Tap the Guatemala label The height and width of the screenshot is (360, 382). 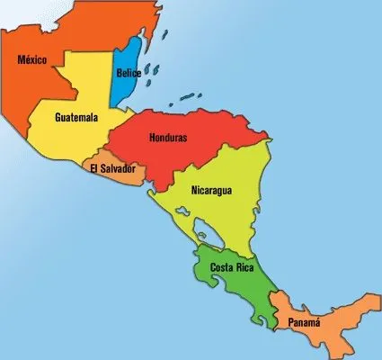coord(76,117)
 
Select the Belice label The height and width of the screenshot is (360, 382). coord(129,74)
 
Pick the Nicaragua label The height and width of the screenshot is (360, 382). coord(212,191)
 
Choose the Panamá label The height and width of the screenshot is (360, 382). coord(308,320)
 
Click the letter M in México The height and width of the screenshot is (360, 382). coord(21,60)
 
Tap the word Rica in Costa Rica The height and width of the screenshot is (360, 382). coord(244,268)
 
